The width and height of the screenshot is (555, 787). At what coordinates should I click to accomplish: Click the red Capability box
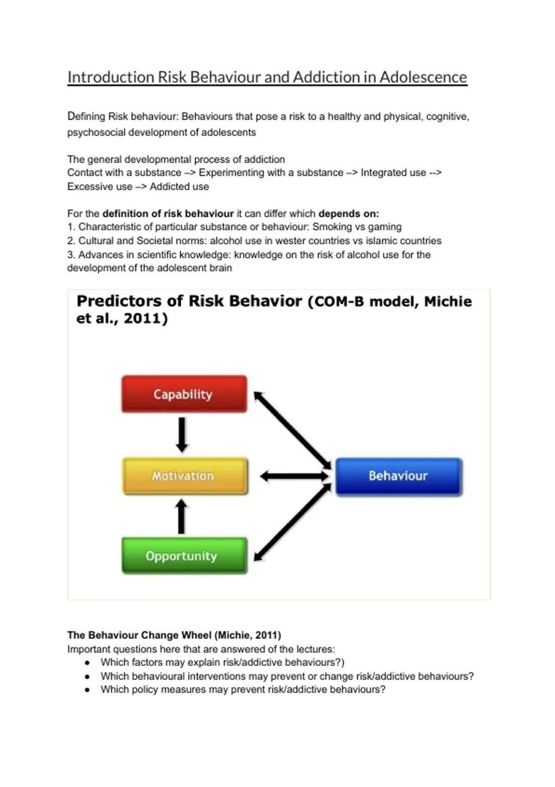pyautogui.click(x=184, y=394)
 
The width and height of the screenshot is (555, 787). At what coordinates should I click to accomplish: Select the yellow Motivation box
pyautogui.click(x=185, y=476)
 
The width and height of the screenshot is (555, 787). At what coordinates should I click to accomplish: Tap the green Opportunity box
pyautogui.click(x=184, y=556)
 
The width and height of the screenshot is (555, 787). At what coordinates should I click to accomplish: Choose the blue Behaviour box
pyautogui.click(x=398, y=476)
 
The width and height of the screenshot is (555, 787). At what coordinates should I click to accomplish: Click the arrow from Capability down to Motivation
pyautogui.click(x=182, y=435)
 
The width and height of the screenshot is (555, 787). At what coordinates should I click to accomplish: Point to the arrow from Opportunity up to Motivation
pyautogui.click(x=182, y=517)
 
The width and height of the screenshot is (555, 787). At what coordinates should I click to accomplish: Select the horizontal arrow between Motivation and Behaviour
pyautogui.click(x=295, y=476)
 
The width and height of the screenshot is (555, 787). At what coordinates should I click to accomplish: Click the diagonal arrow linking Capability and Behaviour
pyautogui.click(x=292, y=430)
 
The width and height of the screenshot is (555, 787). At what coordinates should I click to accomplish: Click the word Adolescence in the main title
pyautogui.click(x=423, y=77)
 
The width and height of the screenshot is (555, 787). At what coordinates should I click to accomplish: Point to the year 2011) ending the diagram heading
pyautogui.click(x=146, y=319)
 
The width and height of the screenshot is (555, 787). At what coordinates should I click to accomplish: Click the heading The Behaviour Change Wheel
pyautogui.click(x=174, y=635)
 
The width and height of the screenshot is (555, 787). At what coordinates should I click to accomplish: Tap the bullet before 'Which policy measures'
pyautogui.click(x=87, y=690)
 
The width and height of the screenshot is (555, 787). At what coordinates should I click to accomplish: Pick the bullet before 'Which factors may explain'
pyautogui.click(x=87, y=663)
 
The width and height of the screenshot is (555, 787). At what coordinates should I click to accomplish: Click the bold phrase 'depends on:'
pyautogui.click(x=348, y=213)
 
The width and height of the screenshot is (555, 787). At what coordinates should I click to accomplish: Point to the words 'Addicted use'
pyautogui.click(x=179, y=187)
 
